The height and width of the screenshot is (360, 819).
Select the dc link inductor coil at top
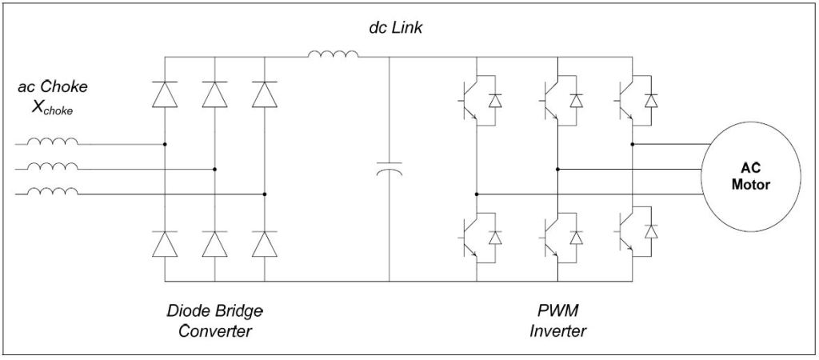[x=333, y=54]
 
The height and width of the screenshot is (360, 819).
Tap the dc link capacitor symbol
[x=390, y=169]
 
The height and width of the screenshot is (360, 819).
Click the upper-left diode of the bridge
[x=165, y=94]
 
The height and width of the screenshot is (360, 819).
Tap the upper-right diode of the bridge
[x=264, y=94]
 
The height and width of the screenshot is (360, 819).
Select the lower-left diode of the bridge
[x=165, y=243]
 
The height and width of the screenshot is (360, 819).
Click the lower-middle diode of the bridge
[x=214, y=243]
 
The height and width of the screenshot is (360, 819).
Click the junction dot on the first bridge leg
[x=165, y=145]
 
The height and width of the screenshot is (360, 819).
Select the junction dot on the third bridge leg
[x=264, y=194]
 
